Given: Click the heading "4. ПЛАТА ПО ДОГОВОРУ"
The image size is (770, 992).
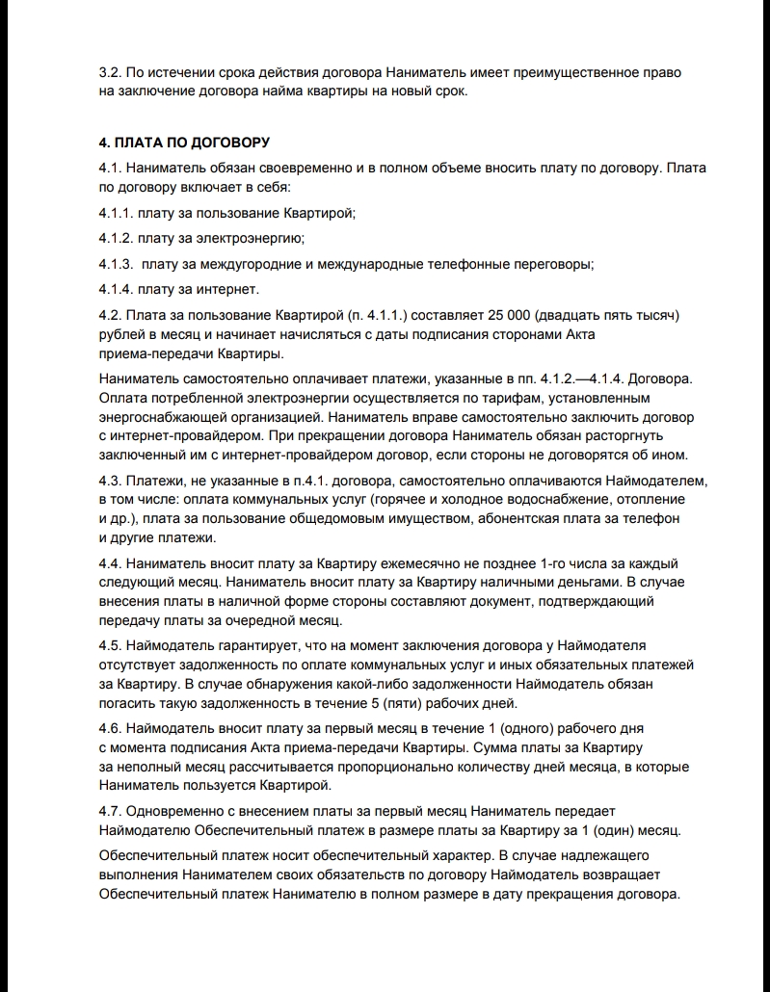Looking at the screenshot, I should (184, 143).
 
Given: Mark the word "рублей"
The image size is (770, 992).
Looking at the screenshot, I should (120, 333).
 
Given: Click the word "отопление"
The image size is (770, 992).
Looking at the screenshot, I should (651, 499).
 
